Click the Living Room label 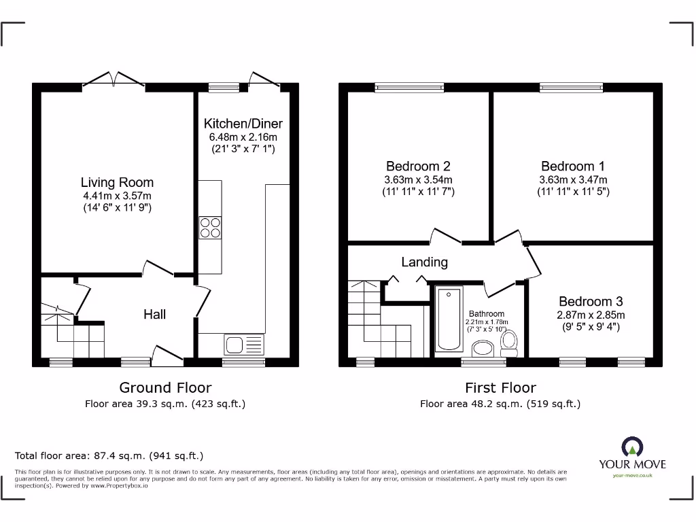pyautogui.click(x=117, y=182)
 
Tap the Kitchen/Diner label pyautogui.click(x=243, y=124)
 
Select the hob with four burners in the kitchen pyautogui.click(x=210, y=227)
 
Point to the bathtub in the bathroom pyautogui.click(x=447, y=319)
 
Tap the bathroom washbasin pyautogui.click(x=483, y=349)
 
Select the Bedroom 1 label pyautogui.click(x=572, y=167)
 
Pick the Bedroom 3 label pyautogui.click(x=591, y=301)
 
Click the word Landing pyautogui.click(x=424, y=262)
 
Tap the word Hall pyautogui.click(x=154, y=314)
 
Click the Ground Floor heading pyautogui.click(x=165, y=387)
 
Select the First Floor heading pyautogui.click(x=500, y=387)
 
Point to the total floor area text pyautogui.click(x=109, y=455)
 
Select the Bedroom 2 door pyautogui.click(x=446, y=237)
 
